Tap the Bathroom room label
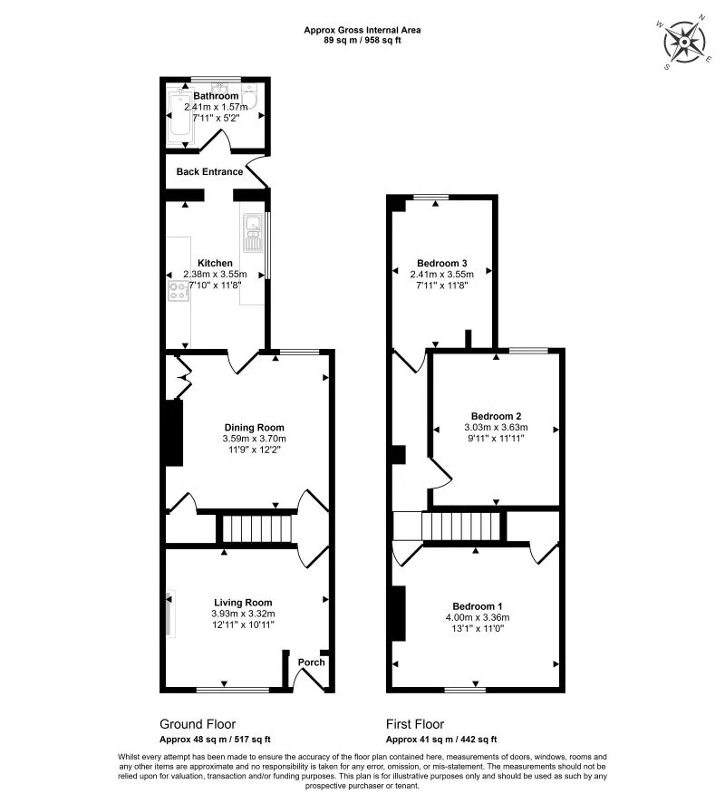coord(216,95)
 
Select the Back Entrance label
coord(209,171)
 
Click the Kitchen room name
coord(216,263)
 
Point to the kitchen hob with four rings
coord(177,291)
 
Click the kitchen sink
coord(251,231)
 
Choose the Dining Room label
coord(255,428)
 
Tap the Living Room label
coord(243,602)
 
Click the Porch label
coord(312,663)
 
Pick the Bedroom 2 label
coord(495,416)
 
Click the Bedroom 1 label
coord(478,605)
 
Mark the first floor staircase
coord(460,526)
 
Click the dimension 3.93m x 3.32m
coord(243,614)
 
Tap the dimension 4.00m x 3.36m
coord(478,617)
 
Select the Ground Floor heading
coord(198,724)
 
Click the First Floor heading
coord(415,724)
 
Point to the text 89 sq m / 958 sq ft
coord(362,40)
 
